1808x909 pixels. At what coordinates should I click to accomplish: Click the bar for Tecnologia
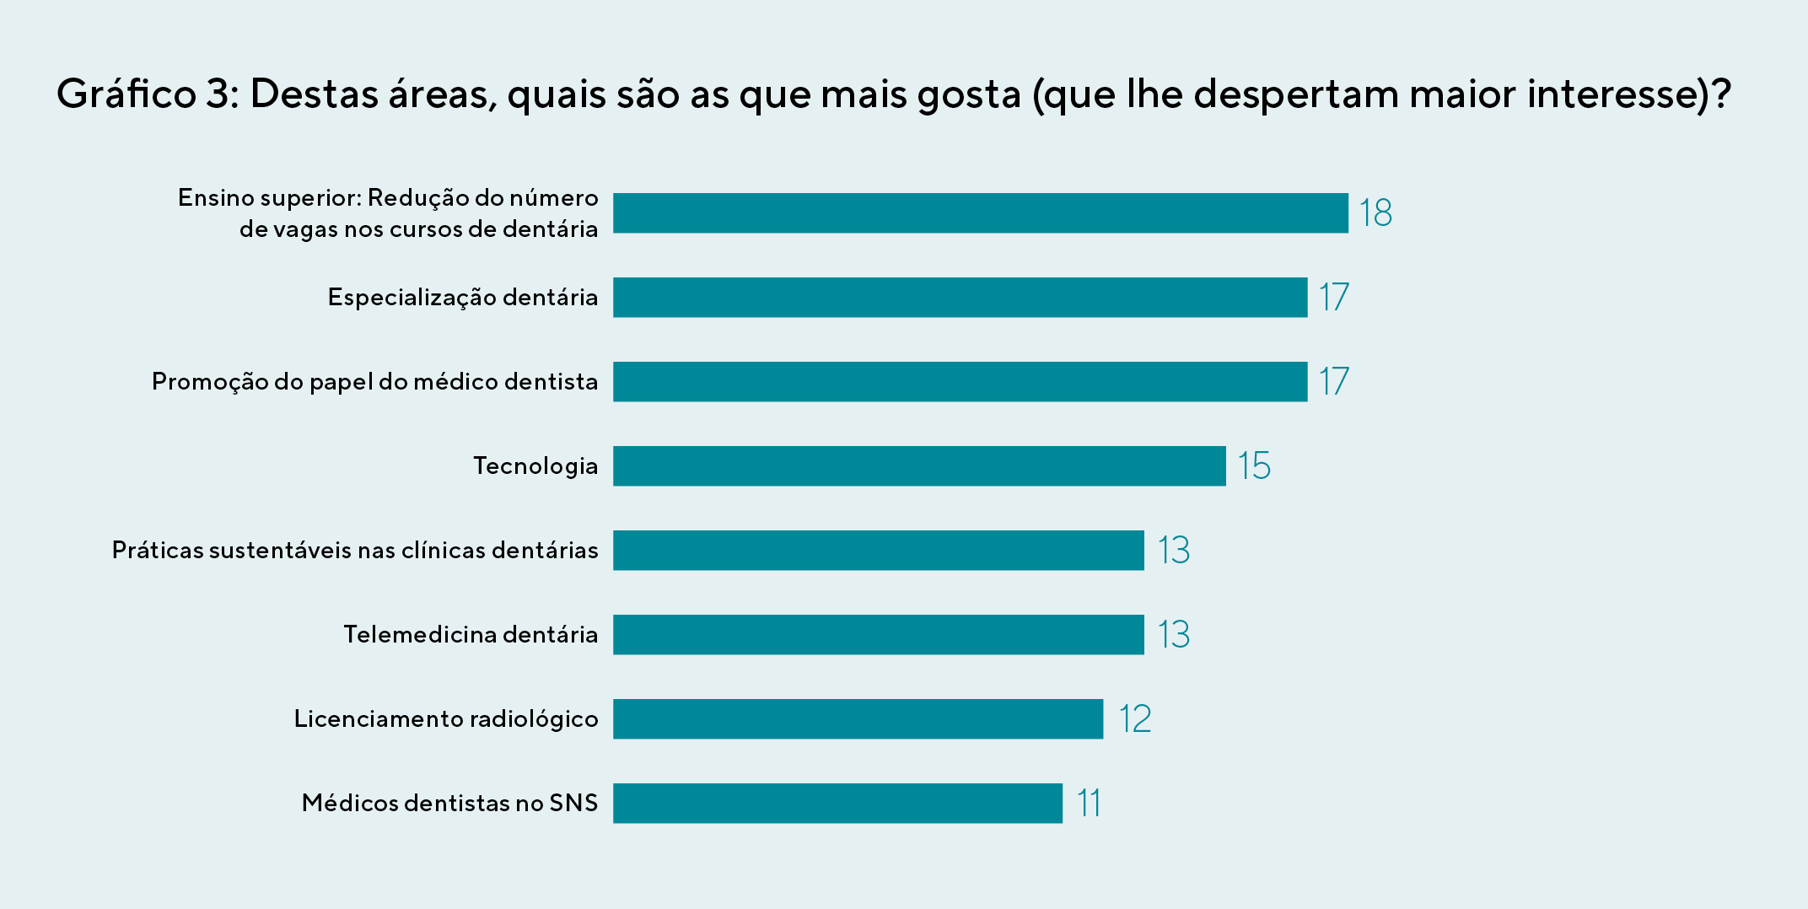919,465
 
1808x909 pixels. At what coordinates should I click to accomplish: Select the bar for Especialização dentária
960,297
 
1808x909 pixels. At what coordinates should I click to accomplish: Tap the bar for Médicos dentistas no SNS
837,803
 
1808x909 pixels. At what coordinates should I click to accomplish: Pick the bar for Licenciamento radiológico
858,718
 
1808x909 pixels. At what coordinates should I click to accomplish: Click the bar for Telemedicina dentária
878,634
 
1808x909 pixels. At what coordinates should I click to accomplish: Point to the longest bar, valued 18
980,212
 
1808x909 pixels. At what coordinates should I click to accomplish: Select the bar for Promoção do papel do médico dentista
960,381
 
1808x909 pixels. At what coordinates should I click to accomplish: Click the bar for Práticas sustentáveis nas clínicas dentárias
878,550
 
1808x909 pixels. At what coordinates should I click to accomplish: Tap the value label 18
1375,212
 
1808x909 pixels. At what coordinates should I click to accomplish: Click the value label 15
1254,465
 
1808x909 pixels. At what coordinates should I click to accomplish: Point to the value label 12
1134,718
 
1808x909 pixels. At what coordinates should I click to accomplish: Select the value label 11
1089,803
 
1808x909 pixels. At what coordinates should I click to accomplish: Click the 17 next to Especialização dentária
1333,297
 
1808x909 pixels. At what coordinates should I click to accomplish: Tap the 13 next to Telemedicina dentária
1173,634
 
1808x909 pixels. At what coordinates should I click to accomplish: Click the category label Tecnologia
535,465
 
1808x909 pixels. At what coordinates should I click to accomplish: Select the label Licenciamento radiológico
445,718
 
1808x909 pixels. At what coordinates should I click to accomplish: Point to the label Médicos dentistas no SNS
449,803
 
